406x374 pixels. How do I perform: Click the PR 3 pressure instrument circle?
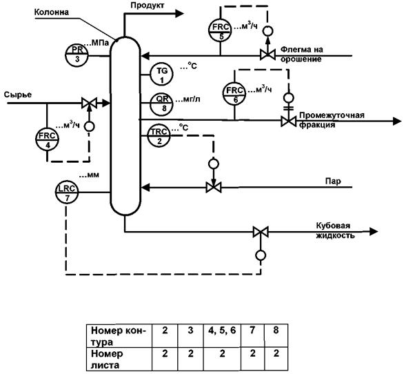[77, 55]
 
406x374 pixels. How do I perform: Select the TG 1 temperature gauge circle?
[162, 74]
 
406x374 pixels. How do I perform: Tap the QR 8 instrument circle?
[162, 104]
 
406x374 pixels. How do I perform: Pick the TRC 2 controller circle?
[159, 136]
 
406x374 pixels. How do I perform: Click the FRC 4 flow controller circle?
[47, 139]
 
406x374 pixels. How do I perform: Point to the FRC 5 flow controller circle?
[221, 29]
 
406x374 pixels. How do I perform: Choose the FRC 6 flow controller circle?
[234, 93]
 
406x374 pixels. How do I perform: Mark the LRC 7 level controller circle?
[67, 192]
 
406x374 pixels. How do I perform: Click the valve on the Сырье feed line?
[90, 103]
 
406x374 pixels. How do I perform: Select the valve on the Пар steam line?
[214, 187]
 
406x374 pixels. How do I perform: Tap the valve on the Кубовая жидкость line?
[261, 232]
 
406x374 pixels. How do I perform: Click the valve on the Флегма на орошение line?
[267, 55]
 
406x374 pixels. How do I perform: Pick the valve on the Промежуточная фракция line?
[288, 121]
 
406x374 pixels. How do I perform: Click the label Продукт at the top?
[147, 6]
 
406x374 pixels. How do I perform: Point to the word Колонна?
[52, 12]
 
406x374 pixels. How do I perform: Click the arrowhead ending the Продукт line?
[180, 14]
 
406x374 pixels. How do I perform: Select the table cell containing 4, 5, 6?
[222, 335]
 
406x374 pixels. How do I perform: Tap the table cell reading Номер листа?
[119, 359]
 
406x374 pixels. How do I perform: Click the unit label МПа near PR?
[100, 43]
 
